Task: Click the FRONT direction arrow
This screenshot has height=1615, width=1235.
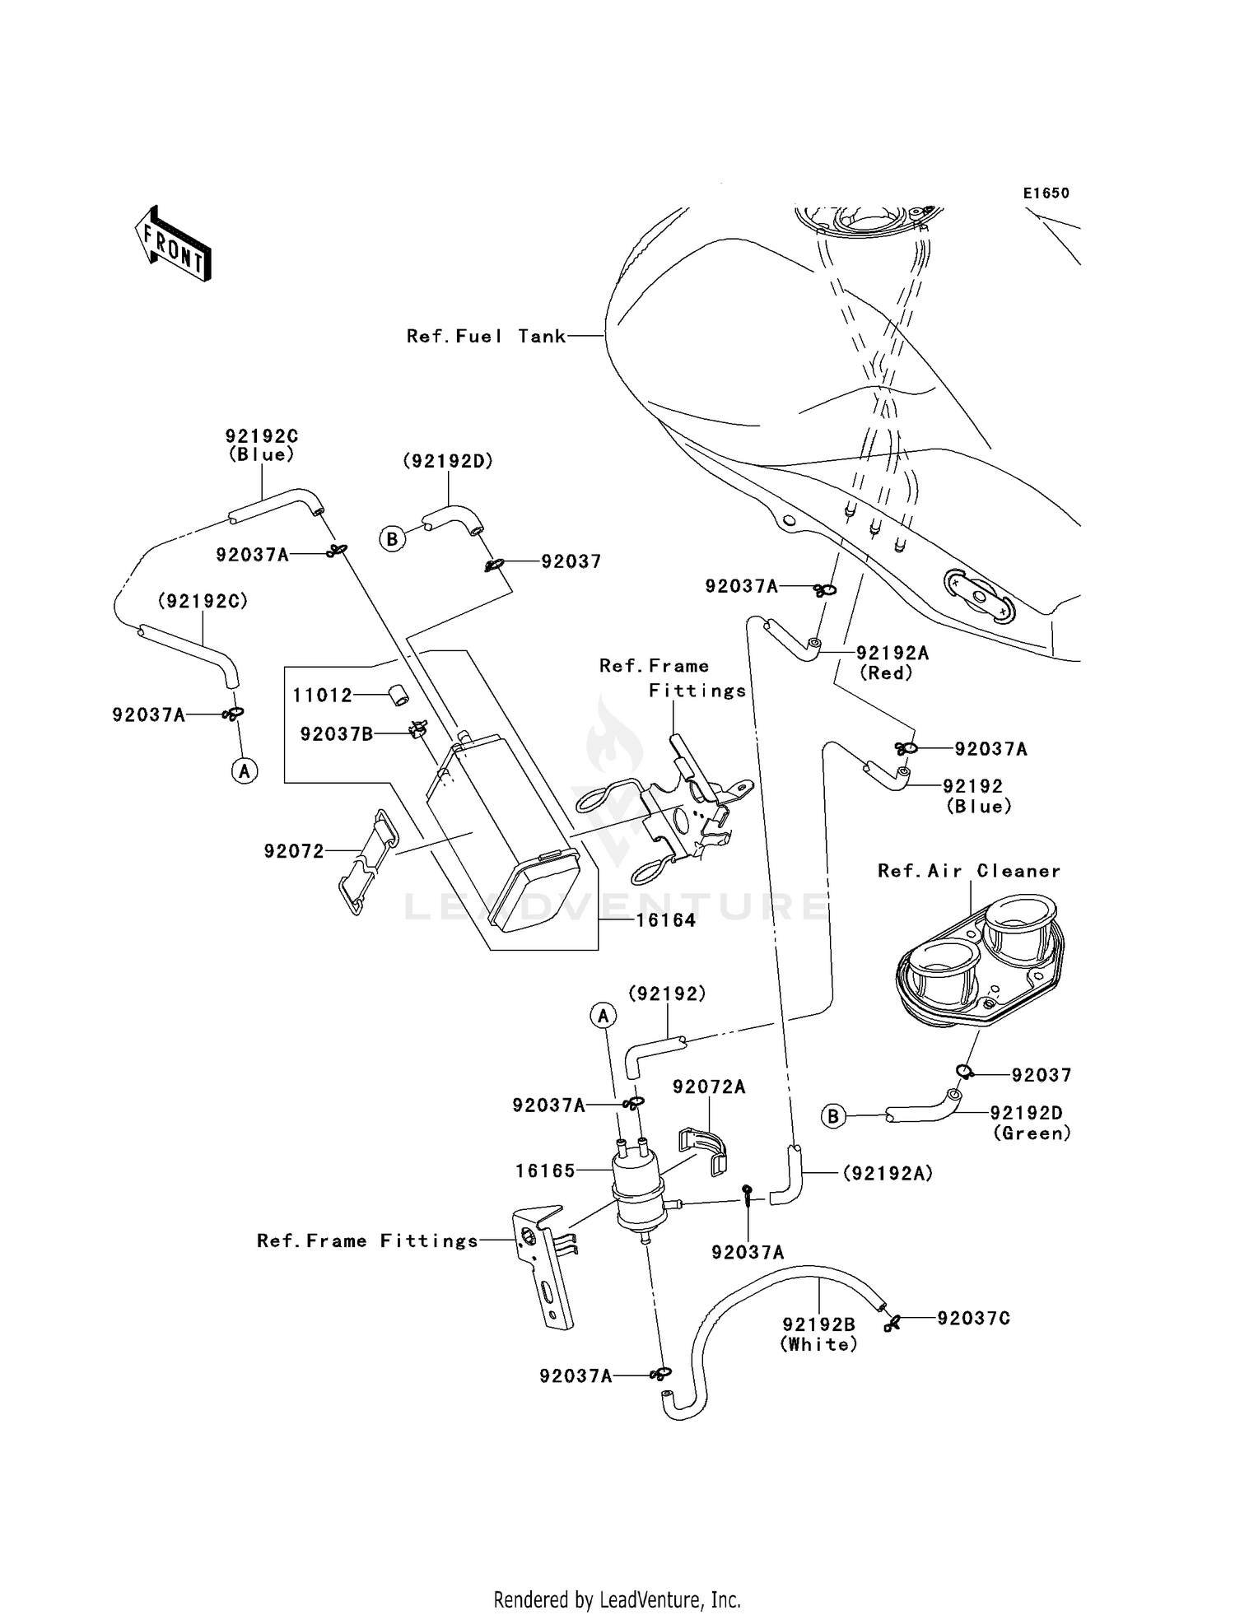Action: click(174, 244)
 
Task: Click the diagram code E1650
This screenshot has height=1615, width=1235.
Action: click(1046, 193)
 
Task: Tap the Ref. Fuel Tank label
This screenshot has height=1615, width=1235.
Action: click(486, 336)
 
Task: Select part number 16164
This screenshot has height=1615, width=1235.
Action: click(665, 920)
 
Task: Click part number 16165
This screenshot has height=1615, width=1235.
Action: click(545, 1171)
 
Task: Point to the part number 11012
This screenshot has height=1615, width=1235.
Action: click(322, 696)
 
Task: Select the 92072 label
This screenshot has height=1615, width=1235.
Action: click(294, 851)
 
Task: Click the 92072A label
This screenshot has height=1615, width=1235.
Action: click(709, 1087)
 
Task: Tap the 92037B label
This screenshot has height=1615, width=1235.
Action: click(336, 733)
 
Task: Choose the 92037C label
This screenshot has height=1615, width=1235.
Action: click(973, 1318)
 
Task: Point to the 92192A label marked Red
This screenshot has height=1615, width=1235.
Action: click(892, 662)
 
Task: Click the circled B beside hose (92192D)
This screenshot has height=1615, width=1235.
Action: click(392, 539)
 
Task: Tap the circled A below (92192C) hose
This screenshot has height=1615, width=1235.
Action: click(244, 770)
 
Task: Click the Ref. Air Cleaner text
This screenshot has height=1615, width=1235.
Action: click(968, 871)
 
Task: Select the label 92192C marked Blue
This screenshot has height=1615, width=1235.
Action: click(262, 444)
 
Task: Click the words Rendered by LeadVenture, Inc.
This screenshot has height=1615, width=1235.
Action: click(617, 1599)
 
